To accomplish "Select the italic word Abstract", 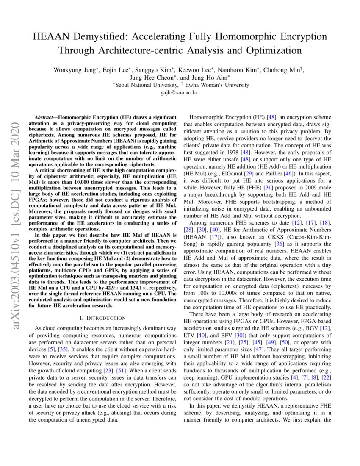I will point(46,116).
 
